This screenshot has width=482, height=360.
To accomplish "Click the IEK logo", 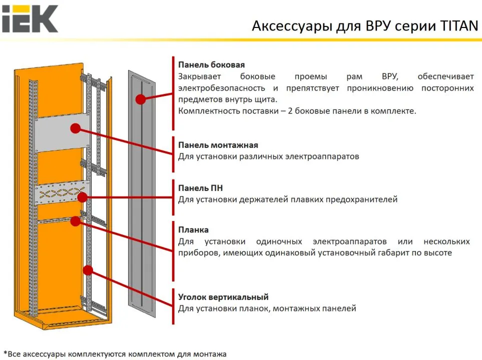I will click(30, 18).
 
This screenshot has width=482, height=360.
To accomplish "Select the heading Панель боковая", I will click(211, 64).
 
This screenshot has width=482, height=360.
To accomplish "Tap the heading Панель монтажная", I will click(218, 145).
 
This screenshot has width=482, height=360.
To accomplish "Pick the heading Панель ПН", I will click(201, 188).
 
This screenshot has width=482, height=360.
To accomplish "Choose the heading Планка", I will click(194, 230).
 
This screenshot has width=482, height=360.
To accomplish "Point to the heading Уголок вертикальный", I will click(223, 297).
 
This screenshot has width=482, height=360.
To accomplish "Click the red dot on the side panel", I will click(141, 99).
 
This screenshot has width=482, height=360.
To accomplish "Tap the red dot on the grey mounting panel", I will click(76, 128).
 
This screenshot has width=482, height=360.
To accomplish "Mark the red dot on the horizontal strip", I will click(76, 220).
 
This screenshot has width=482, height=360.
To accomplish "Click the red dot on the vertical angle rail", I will click(89, 270).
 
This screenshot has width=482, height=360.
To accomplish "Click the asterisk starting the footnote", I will click(5, 353).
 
